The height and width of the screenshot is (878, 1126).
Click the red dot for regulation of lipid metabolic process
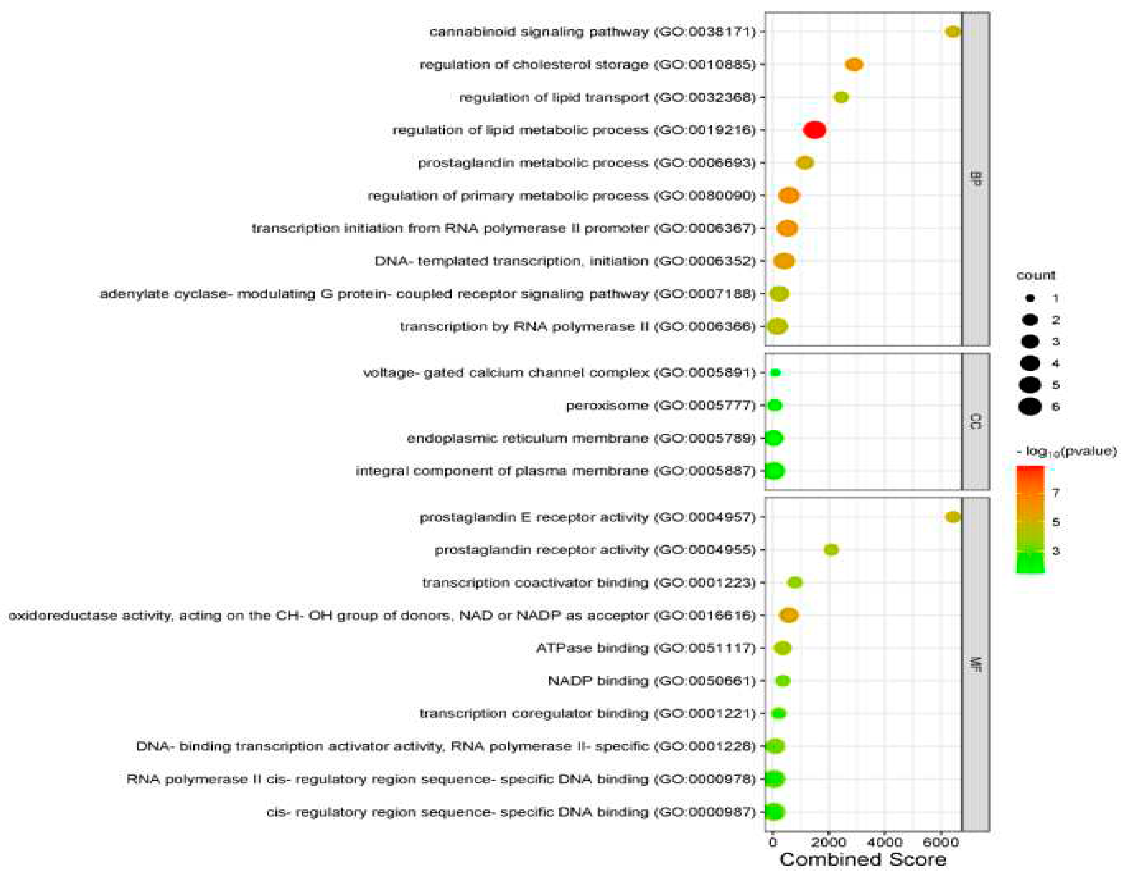tap(815, 130)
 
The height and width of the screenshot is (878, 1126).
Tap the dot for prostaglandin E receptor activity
tap(953, 517)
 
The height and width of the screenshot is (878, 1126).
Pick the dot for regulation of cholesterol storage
tap(854, 64)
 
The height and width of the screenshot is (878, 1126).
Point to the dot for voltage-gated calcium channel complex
tap(775, 372)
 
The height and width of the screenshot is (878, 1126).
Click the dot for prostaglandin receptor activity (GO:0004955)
tap(831, 550)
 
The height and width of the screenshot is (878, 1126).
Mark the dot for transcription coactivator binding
tap(795, 583)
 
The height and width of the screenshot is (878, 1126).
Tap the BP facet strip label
tap(976, 179)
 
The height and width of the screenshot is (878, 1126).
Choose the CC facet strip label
tap(976, 421)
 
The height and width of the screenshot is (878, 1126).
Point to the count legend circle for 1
tap(1030, 298)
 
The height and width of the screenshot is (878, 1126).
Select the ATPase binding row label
tap(646, 648)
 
